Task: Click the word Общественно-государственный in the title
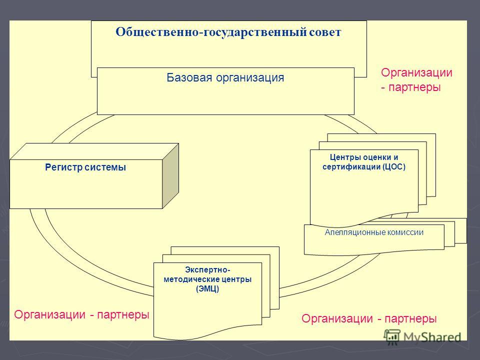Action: click(x=211, y=32)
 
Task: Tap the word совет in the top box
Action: click(x=325, y=32)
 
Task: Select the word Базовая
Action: click(x=189, y=77)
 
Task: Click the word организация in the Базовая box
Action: click(x=250, y=78)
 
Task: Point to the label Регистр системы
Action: click(x=85, y=167)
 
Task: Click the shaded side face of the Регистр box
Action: click(x=170, y=176)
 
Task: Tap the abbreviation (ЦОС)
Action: click(x=393, y=167)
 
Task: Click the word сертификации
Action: click(x=351, y=167)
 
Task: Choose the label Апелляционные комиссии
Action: click(x=374, y=232)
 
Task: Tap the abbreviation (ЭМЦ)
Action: click(x=207, y=288)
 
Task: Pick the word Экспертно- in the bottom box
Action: click(x=207, y=269)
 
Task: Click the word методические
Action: click(x=191, y=279)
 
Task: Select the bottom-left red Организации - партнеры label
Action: click(x=81, y=314)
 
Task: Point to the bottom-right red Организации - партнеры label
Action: click(x=369, y=318)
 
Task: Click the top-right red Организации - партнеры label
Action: click(x=416, y=80)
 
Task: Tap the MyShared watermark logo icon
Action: click(x=392, y=336)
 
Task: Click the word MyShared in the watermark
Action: click(x=432, y=337)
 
